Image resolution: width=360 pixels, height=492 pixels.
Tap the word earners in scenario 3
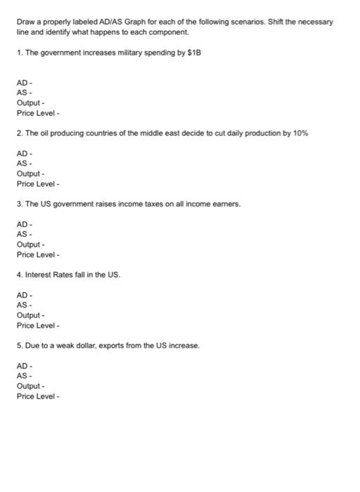[x=225, y=204]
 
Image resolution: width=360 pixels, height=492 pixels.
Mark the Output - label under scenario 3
[x=30, y=245]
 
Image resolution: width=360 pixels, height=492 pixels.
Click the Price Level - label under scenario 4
[x=38, y=325]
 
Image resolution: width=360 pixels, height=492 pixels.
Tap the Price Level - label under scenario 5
[x=38, y=396]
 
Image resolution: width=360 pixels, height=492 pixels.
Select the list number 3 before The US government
[x=19, y=204]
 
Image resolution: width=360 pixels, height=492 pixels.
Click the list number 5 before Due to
[x=19, y=346]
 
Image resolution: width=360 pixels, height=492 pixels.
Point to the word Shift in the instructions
[x=277, y=22]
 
